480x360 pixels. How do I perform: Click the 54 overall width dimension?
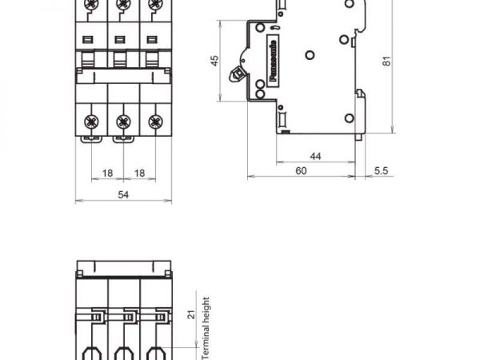(x=123, y=194)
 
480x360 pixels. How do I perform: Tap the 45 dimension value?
(x=215, y=61)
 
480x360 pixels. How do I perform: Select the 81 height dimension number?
(x=387, y=61)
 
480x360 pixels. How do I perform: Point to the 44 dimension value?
(x=315, y=157)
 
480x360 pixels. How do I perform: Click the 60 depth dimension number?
(x=301, y=171)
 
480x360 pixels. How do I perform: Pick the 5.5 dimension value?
(x=381, y=171)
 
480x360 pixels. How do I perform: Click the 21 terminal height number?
(x=191, y=314)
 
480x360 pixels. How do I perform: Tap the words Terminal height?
(x=206, y=328)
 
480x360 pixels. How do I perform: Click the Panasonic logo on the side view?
(x=274, y=61)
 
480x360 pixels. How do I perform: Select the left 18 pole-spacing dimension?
(x=107, y=174)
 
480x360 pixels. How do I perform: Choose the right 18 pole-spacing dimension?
(x=139, y=174)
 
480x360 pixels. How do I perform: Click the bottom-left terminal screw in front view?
(x=91, y=122)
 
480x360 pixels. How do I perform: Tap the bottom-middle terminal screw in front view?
(x=123, y=122)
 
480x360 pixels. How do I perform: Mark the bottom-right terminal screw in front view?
(x=155, y=122)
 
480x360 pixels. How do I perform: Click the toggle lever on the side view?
(x=236, y=74)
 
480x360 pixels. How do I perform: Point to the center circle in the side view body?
(x=310, y=55)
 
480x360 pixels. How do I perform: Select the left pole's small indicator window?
(x=88, y=39)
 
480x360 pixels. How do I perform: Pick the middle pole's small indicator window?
(x=120, y=39)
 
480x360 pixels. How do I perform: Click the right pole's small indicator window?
(x=152, y=39)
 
